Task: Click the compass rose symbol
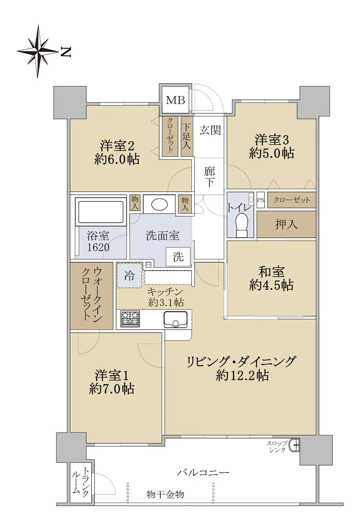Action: point(37,51)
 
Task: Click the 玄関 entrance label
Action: point(210,130)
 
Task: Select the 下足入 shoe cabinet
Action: point(186,136)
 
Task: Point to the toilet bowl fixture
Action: point(242,225)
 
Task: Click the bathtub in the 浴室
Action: point(101,212)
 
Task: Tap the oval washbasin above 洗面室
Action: point(159,204)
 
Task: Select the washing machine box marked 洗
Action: point(178,257)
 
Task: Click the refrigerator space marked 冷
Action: point(129,275)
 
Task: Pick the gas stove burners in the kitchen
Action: point(130,318)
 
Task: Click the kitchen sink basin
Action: point(175,319)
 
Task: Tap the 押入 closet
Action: point(286,224)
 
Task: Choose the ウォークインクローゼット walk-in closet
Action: point(91,295)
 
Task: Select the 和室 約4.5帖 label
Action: point(271,279)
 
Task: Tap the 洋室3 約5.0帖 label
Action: point(272,147)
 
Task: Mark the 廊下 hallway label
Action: point(210,177)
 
